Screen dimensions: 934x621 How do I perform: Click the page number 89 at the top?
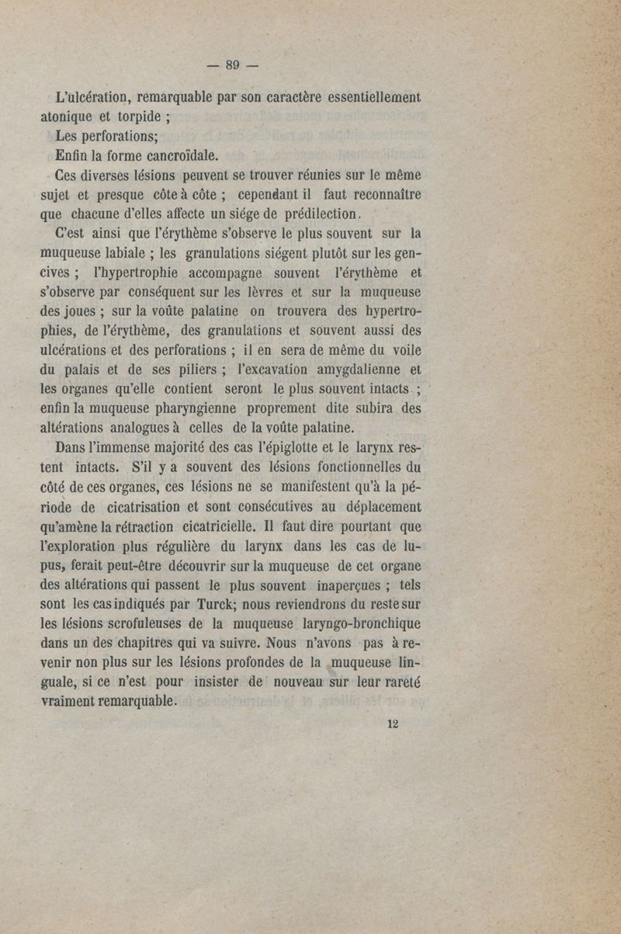[232, 65]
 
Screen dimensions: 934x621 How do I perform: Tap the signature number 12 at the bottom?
[392, 723]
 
